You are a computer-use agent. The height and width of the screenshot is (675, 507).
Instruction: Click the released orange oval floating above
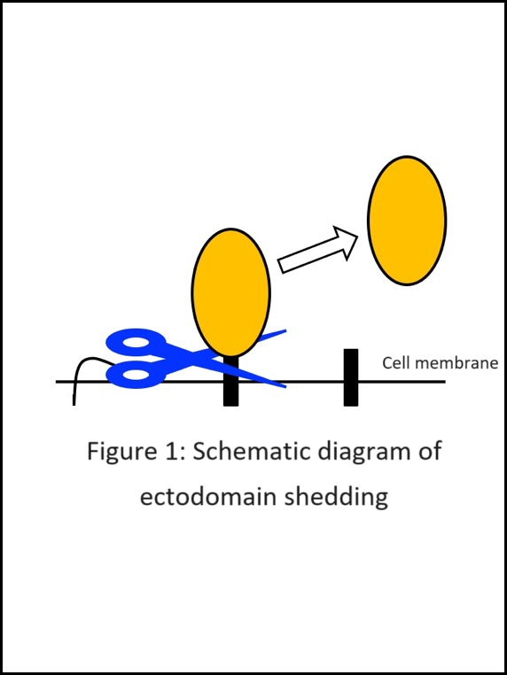pyautogui.click(x=407, y=221)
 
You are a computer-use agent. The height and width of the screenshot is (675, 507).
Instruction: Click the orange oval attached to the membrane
pyautogui.click(x=230, y=292)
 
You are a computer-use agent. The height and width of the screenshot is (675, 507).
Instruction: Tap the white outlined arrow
pyautogui.click(x=318, y=250)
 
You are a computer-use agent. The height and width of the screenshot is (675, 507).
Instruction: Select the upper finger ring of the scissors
pyautogui.click(x=136, y=343)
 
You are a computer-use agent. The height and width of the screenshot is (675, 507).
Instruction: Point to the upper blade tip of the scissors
pyautogui.click(x=285, y=330)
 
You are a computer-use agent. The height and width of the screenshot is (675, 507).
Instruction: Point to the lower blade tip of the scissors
pyautogui.click(x=285, y=386)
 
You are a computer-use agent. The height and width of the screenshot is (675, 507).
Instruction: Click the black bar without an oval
pyautogui.click(x=351, y=377)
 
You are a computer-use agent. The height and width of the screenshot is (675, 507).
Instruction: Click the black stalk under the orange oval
pyautogui.click(x=230, y=381)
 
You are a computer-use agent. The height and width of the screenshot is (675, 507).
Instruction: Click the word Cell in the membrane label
pyautogui.click(x=396, y=363)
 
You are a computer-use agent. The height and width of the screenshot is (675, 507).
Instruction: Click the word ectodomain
pyautogui.click(x=208, y=496)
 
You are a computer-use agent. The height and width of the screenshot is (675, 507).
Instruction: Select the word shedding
pyautogui.click(x=337, y=499)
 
